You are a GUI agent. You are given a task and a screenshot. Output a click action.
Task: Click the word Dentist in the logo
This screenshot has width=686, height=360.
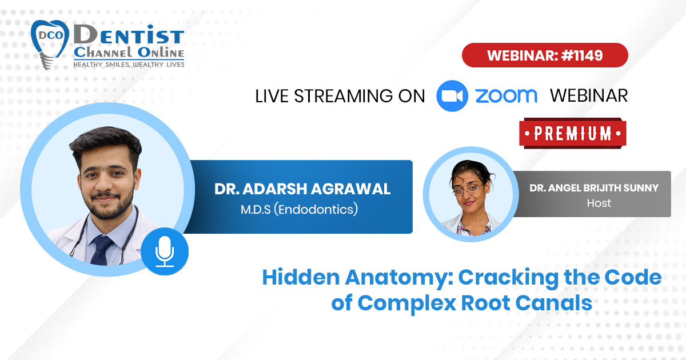pyautogui.click(x=129, y=35)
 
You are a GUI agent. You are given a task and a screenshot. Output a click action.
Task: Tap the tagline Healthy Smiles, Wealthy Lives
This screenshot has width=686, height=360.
pyautogui.click(x=129, y=65)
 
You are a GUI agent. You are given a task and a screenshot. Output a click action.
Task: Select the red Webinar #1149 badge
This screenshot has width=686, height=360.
pyautogui.click(x=545, y=55)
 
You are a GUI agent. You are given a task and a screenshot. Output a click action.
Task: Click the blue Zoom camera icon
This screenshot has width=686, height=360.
pyautogui.click(x=452, y=96)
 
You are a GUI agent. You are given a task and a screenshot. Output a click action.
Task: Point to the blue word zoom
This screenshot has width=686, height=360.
pyautogui.click(x=506, y=96)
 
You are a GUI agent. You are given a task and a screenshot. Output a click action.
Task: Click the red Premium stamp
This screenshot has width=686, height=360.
pyautogui.click(x=573, y=134)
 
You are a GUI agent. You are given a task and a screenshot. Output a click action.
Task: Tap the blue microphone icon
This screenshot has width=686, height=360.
pyautogui.click(x=165, y=251)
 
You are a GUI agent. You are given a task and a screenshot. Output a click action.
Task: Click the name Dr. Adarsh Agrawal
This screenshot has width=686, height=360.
pyautogui.click(x=302, y=189)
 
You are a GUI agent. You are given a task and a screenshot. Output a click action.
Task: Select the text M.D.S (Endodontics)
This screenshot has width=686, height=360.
pyautogui.click(x=299, y=209)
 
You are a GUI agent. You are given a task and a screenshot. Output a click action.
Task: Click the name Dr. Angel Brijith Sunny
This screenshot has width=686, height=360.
pyautogui.click(x=594, y=187)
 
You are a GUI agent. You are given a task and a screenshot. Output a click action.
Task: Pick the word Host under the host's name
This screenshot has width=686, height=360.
pyautogui.click(x=599, y=203)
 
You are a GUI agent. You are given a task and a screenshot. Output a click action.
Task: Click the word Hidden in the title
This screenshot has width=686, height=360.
pyautogui.click(x=301, y=277)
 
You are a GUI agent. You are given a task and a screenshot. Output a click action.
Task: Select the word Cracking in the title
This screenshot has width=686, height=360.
pyautogui.click(x=508, y=278)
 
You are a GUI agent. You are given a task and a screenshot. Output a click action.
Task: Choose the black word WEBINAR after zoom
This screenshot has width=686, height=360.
pyautogui.click(x=589, y=95)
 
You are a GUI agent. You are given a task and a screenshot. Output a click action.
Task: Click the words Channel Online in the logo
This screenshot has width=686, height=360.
pyautogui.click(x=129, y=53)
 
